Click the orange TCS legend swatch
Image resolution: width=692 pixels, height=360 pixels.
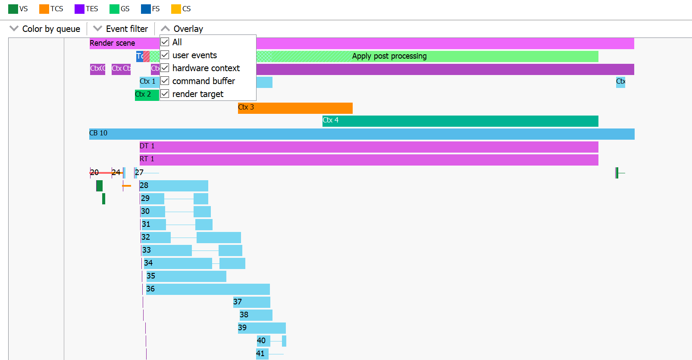pos(44,9)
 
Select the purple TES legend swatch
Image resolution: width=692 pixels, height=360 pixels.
pos(79,9)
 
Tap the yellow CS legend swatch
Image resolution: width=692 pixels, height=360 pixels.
pos(176,9)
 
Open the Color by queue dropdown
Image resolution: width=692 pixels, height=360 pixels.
pos(45,29)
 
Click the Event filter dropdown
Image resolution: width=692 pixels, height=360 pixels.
pos(121,29)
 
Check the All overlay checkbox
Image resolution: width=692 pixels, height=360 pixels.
pos(165,42)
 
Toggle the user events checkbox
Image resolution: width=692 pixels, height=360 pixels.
pos(165,55)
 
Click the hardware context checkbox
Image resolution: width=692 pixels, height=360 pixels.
pos(165,68)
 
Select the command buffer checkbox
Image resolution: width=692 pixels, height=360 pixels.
pos(165,81)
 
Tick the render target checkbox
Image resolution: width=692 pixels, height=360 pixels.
pos(165,94)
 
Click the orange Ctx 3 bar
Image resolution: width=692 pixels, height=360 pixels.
pos(295,108)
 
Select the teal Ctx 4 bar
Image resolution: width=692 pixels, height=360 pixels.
pos(460,121)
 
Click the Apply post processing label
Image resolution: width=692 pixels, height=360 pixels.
pos(389,56)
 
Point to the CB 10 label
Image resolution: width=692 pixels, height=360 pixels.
pos(98,133)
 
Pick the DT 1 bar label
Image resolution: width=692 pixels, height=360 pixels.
pos(147,146)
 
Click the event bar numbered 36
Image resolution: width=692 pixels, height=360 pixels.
pos(208,289)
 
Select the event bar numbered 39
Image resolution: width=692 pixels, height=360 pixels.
pos(262,328)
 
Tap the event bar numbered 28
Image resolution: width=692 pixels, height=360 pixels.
pos(174,185)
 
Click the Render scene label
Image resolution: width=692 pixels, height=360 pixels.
pos(112,43)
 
